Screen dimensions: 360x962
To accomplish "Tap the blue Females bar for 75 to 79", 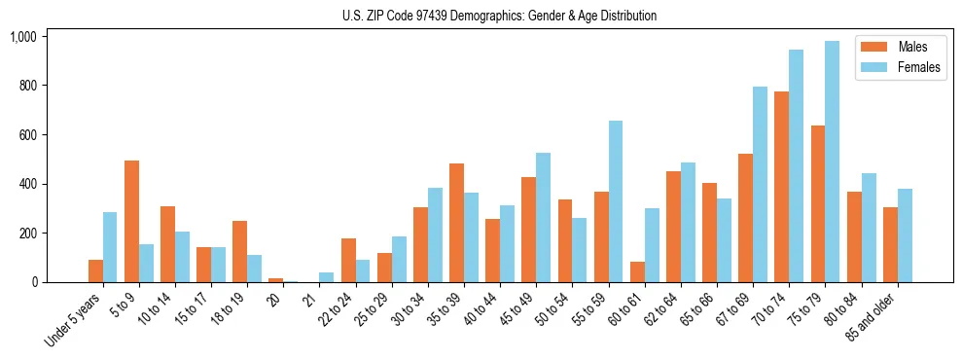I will pyautogui.click(x=832, y=162).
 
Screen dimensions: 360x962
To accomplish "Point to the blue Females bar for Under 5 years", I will pyautogui.click(x=110, y=247).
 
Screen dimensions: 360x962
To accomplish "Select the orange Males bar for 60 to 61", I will pyautogui.click(x=637, y=271).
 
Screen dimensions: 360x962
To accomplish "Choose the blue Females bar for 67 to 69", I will pyautogui.click(x=760, y=185).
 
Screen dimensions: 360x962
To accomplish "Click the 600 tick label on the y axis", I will pyautogui.click(x=26, y=135).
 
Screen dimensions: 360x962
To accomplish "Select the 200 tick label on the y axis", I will pyautogui.click(x=26, y=234).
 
